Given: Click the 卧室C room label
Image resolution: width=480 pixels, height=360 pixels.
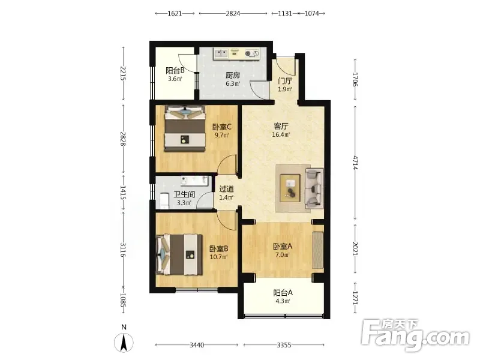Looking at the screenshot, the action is coord(222,127).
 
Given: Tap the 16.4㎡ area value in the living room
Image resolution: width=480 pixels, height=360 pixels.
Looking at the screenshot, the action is coord(281,134).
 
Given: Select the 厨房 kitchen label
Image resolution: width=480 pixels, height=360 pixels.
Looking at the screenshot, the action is coord(233,75).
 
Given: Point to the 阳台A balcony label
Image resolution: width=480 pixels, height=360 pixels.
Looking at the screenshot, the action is coord(283,293).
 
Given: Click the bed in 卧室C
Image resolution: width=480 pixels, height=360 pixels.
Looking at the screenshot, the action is coord(185,128).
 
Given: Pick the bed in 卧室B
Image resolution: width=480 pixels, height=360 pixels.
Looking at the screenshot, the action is coord(179,254).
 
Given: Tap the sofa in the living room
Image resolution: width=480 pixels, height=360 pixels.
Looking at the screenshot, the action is coord(314,188).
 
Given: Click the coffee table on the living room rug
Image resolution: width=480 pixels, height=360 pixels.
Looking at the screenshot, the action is coord(290,188).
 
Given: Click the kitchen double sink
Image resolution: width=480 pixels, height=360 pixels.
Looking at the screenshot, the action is coord(221,54).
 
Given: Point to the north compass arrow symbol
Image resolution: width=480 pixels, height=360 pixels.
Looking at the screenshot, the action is coord(124,342).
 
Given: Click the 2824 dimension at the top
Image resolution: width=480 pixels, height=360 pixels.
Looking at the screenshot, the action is coord(233,13).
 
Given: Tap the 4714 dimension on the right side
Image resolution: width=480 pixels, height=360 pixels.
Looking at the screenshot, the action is coord(355,163).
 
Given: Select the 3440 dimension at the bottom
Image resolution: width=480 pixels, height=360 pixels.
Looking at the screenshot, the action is coord(197,346).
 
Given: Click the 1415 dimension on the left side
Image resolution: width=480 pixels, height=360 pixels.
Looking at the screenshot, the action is coord(123,193).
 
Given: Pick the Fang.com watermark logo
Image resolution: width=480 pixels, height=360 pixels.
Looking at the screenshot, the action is coord(415,335).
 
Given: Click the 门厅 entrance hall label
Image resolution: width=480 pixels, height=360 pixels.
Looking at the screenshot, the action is coord(285,81).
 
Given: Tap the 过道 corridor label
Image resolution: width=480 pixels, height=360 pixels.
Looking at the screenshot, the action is coord(227,189).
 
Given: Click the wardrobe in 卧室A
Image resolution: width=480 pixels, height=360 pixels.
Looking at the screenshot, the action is coord(318,250).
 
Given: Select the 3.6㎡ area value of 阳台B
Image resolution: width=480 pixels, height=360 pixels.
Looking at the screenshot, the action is coord(175,79).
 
